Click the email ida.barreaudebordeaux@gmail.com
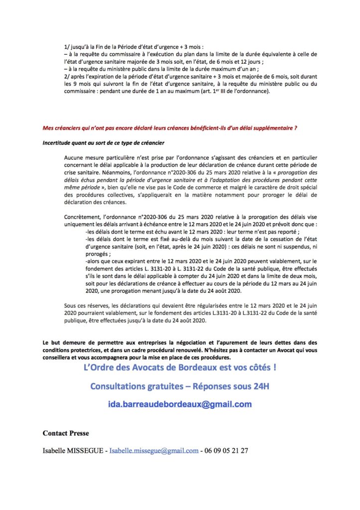point(180,404)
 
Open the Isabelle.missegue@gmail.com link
point(154,451)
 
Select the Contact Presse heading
point(66,433)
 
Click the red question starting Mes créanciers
point(170,128)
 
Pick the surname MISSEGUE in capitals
point(88,451)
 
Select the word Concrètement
point(83,218)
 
